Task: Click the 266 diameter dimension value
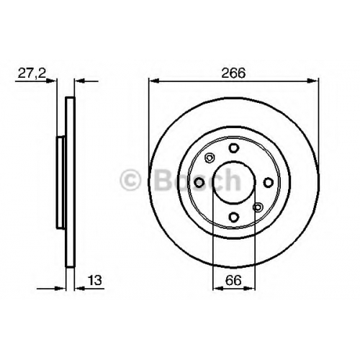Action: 233,73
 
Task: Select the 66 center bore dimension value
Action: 233,280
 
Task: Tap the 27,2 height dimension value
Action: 32,73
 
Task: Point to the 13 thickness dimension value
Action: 95,280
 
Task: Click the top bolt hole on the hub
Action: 234,148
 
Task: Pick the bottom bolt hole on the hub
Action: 234,217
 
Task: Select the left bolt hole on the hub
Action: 199,183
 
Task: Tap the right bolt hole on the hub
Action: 269,183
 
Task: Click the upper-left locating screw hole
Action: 210,158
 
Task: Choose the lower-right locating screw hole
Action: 258,207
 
